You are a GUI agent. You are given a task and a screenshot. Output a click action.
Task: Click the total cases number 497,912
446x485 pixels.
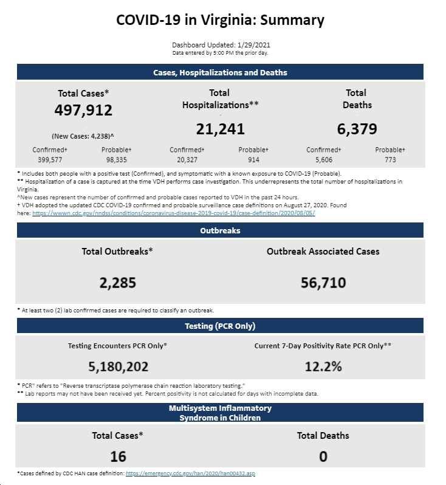(83, 111)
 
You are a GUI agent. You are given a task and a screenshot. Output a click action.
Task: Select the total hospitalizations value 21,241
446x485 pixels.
(220, 129)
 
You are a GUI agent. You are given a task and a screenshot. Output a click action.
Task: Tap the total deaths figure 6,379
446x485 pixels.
(357, 129)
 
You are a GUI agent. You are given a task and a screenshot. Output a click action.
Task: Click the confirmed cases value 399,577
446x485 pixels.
(50, 160)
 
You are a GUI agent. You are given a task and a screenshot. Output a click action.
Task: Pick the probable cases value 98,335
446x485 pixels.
(116, 160)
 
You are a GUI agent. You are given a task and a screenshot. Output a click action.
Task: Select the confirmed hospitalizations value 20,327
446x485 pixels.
(187, 160)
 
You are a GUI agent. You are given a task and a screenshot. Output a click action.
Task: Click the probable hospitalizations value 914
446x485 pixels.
(253, 160)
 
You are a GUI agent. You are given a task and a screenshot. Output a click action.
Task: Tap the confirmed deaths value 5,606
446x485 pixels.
(323, 160)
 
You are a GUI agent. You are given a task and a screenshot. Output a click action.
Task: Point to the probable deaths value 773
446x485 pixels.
(390, 160)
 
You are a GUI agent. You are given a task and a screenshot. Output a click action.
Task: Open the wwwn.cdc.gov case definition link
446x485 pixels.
(174, 213)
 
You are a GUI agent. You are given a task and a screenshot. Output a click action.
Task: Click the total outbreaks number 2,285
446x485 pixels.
(117, 283)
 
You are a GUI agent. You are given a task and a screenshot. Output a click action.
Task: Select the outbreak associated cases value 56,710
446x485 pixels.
(323, 283)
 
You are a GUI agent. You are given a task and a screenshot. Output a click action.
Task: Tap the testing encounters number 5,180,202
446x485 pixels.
(118, 367)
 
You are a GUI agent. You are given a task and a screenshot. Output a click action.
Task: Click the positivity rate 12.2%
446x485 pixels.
(323, 367)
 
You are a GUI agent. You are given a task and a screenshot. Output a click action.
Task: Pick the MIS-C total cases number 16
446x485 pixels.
(118, 457)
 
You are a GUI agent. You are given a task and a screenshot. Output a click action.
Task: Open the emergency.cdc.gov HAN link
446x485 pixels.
(190, 473)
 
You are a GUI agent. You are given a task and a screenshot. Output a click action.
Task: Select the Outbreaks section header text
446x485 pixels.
(220, 231)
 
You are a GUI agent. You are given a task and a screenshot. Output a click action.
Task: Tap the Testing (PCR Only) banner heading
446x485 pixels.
(220, 326)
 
